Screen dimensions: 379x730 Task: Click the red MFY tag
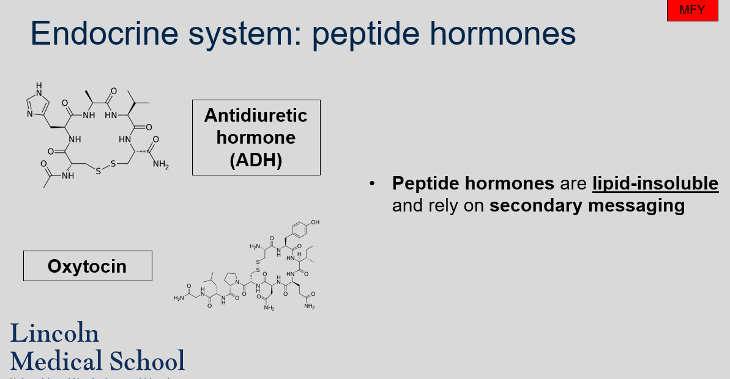(x=692, y=10)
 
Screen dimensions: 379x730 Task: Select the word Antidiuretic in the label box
(x=256, y=115)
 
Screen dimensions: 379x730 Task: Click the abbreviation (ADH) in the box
(x=256, y=160)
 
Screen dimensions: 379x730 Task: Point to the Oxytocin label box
(x=88, y=266)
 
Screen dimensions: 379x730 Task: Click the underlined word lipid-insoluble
(x=655, y=183)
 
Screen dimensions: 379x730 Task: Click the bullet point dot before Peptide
(x=372, y=183)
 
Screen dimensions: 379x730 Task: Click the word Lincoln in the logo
(x=54, y=334)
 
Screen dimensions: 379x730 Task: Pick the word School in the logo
(x=147, y=360)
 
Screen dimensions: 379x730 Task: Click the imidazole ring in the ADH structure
(x=38, y=102)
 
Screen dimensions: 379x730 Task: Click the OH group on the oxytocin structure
(x=315, y=223)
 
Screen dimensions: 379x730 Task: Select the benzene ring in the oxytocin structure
(x=299, y=231)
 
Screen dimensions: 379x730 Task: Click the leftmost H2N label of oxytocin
(x=179, y=298)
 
